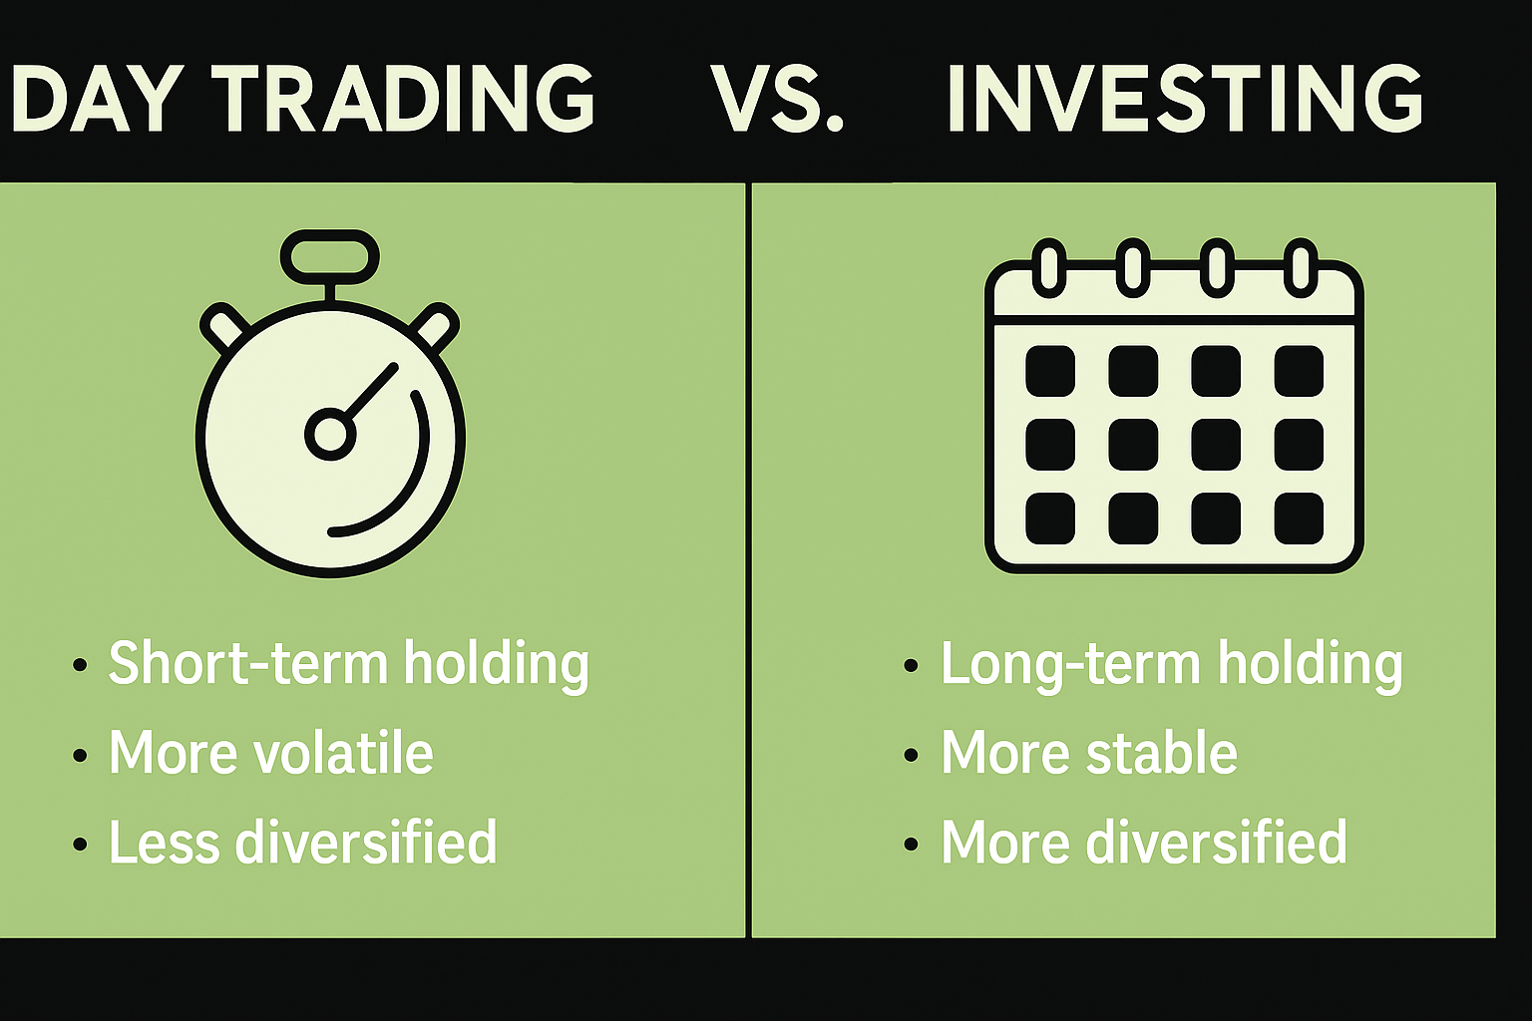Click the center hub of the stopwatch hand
330,434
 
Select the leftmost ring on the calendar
1048,267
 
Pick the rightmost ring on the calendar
1300,267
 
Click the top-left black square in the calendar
1050,371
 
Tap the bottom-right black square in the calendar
1299,518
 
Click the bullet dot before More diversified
910,845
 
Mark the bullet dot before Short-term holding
80,666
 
